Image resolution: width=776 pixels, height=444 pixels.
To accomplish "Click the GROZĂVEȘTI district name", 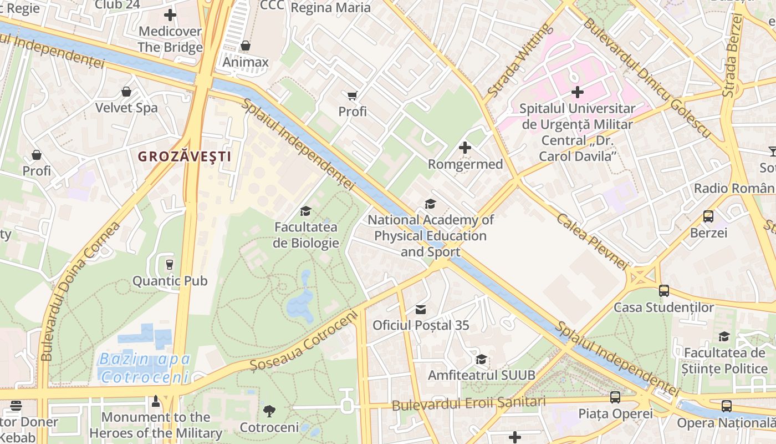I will (x=185, y=157).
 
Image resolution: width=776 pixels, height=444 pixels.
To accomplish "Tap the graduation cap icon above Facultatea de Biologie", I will (x=305, y=211).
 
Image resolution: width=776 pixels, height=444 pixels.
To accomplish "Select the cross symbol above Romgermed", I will (x=465, y=148).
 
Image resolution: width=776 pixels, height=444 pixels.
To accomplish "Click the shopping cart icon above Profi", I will (x=352, y=95).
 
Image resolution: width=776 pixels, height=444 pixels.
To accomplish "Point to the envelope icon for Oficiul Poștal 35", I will (x=421, y=309).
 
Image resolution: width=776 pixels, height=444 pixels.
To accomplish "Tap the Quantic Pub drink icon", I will (x=170, y=264).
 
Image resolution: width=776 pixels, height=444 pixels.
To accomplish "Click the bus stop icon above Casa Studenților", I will (x=663, y=290).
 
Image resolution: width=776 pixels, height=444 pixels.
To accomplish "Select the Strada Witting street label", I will (x=520, y=61).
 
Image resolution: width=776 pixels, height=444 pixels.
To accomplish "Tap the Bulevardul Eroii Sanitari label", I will (x=468, y=403).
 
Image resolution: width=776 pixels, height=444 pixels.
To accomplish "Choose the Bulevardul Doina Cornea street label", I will (x=80, y=291).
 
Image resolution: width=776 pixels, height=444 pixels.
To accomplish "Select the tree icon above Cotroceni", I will (x=269, y=411).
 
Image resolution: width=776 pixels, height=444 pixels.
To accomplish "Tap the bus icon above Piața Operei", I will (x=615, y=397).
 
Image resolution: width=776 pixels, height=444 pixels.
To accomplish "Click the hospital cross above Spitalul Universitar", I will (x=577, y=92).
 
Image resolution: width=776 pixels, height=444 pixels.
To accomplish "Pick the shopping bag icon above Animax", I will (x=245, y=46).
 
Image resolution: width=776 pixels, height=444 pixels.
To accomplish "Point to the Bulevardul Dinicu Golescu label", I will (x=646, y=78).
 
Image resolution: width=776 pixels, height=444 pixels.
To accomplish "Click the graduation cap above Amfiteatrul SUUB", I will (x=481, y=359).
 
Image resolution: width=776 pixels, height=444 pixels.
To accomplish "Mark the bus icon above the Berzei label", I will (x=708, y=216).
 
